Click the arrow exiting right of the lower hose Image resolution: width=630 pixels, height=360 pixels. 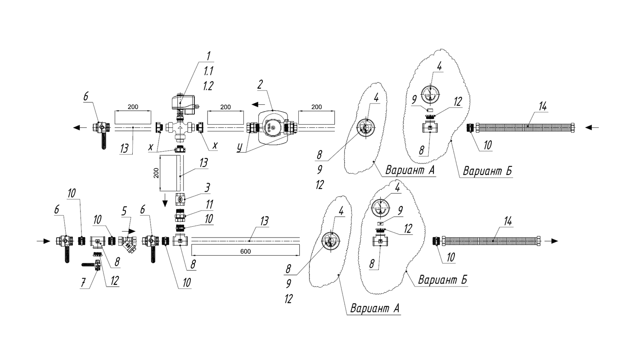click(x=551, y=241)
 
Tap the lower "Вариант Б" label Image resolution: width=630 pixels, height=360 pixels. click(x=443, y=280)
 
